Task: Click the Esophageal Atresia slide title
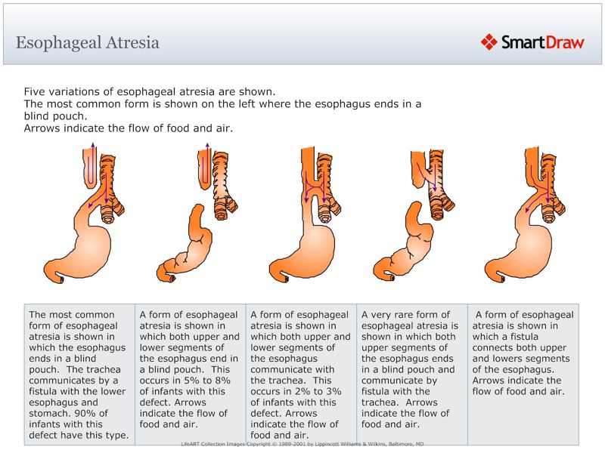[88, 42]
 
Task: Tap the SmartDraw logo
[532, 42]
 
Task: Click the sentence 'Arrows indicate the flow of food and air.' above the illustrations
[128, 128]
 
